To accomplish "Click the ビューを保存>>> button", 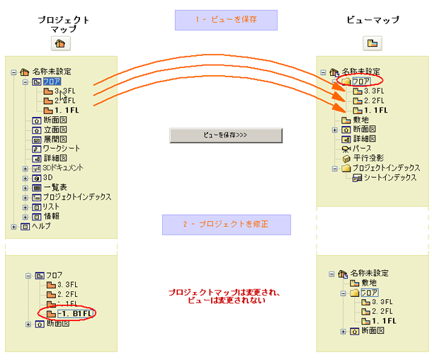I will coord(225,135).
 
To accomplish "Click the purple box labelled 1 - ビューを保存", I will coord(225,20).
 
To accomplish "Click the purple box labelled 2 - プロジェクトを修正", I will coord(226,225).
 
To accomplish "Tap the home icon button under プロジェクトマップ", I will coord(60,44).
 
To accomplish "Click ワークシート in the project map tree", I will coord(61,148).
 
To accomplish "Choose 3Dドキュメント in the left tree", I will coord(62,168).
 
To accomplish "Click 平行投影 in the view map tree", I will coord(368,158).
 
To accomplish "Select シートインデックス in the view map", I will coord(390,178).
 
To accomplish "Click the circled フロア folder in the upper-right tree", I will coord(362,81).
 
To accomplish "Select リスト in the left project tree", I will coord(51,206).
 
